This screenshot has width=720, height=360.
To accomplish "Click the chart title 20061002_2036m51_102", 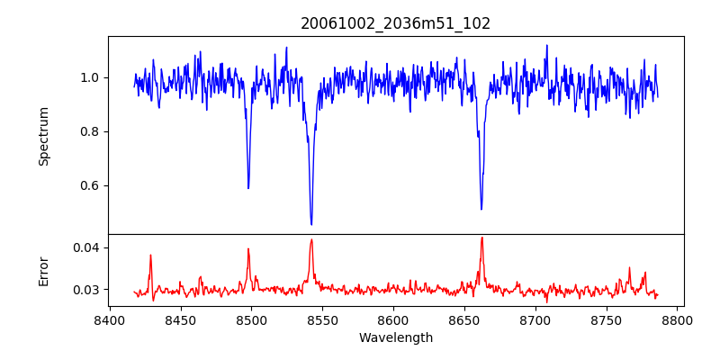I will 395,23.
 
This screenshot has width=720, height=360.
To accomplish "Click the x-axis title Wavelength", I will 395,338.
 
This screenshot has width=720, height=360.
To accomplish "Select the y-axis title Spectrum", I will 44,136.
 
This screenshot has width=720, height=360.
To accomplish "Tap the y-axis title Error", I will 44,271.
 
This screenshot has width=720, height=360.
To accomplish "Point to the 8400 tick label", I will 110,319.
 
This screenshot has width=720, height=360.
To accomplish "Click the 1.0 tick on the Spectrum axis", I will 90,77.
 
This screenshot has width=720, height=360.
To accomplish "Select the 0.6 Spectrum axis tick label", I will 90,185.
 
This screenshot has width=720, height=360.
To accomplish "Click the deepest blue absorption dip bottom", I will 311,224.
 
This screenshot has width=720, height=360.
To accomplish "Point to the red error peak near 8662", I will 481,238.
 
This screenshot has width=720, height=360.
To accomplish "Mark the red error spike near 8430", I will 150,256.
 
